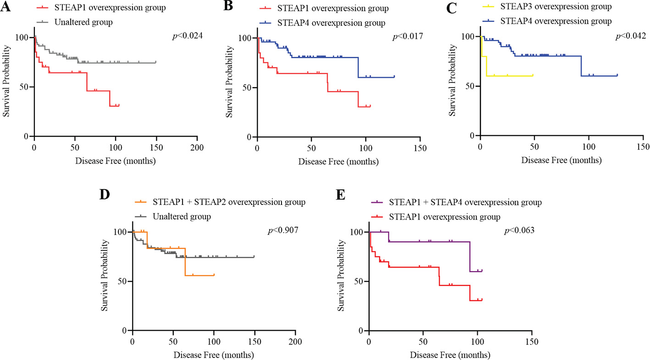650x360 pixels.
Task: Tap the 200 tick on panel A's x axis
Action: point(197,147)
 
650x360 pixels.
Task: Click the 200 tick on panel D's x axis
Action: point(296,342)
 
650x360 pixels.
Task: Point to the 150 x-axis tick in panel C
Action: point(643,147)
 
